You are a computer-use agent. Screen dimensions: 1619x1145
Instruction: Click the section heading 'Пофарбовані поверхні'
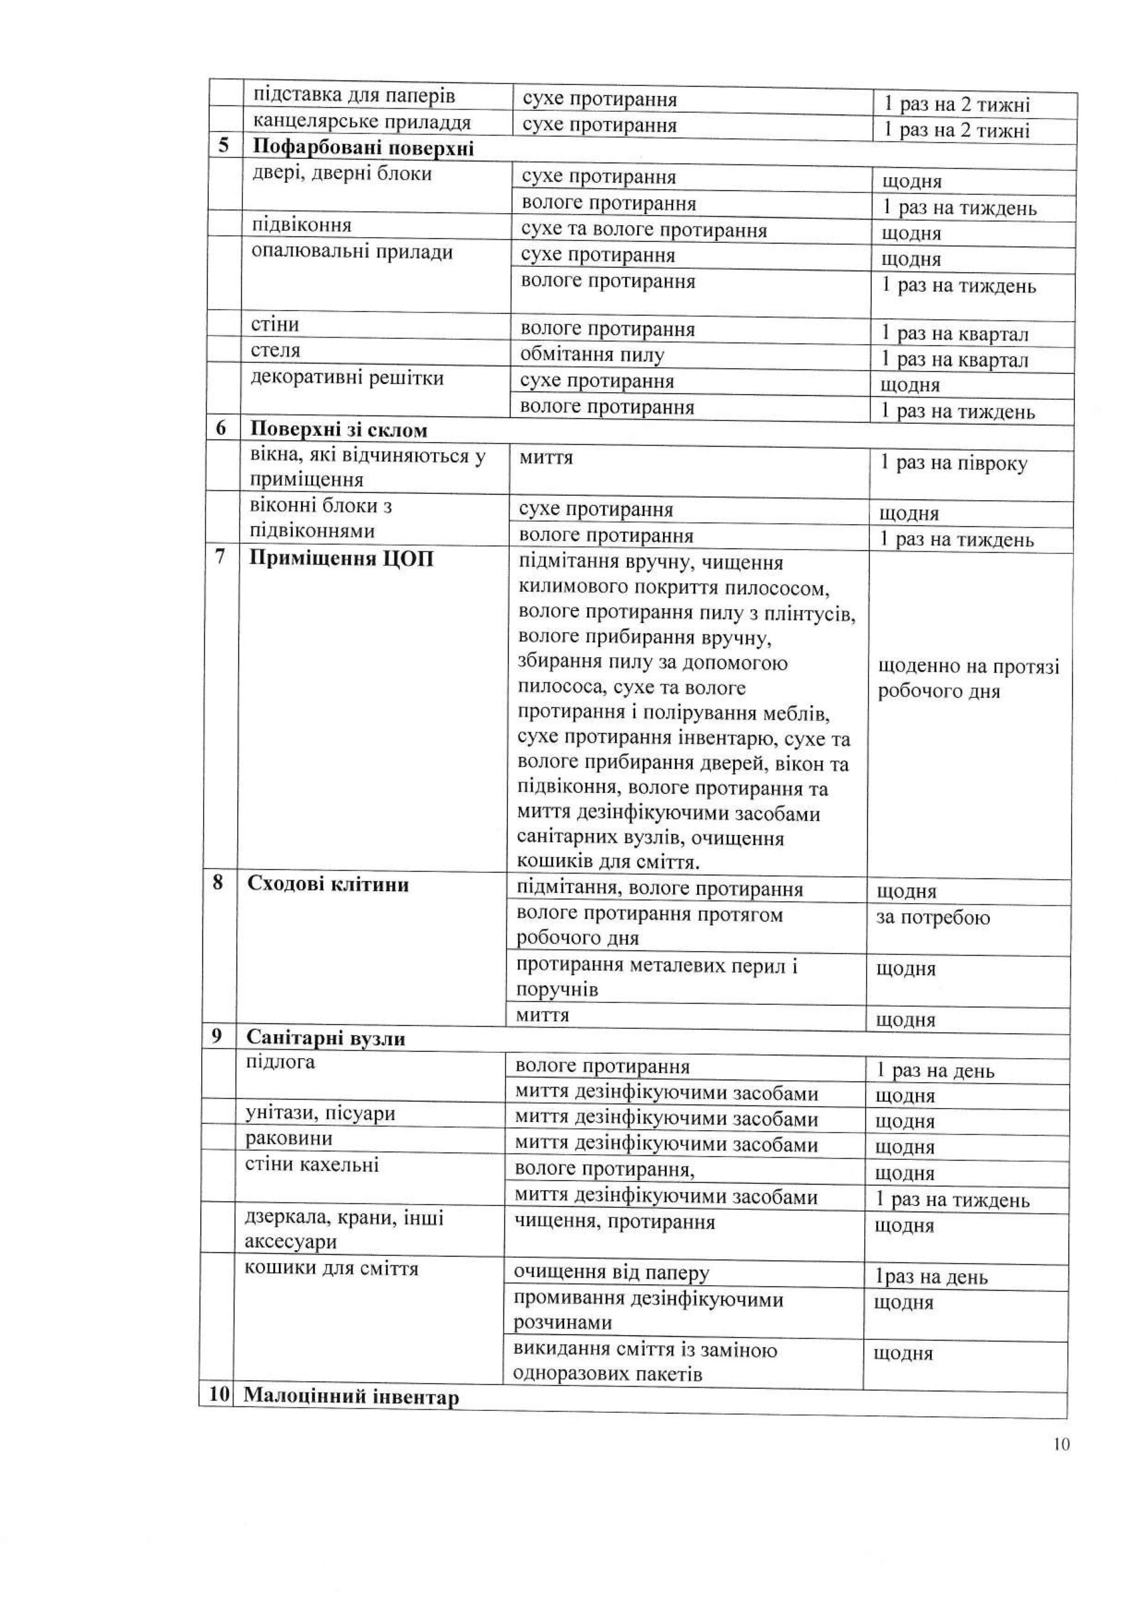click(x=362, y=148)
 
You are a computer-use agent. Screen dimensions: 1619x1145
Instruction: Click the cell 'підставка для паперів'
click(x=354, y=95)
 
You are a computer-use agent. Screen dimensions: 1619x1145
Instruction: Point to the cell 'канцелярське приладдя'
click(x=362, y=122)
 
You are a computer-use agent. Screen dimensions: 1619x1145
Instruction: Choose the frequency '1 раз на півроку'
click(x=954, y=464)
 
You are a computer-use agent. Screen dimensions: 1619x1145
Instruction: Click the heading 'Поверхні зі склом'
click(x=338, y=429)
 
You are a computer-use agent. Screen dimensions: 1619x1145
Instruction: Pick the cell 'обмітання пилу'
click(x=592, y=355)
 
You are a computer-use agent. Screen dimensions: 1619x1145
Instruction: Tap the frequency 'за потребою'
click(x=932, y=918)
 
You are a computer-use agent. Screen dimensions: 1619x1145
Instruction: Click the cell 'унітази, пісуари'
click(x=320, y=1114)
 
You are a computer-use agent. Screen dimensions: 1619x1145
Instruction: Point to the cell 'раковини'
click(x=288, y=1138)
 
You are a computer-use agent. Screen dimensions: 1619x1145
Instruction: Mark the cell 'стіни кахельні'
click(x=312, y=1164)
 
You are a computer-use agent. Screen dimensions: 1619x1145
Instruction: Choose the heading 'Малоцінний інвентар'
click(x=350, y=1397)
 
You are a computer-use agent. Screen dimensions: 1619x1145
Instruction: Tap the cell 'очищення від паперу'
click(x=611, y=1273)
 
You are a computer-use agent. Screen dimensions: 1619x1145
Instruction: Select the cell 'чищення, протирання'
click(x=614, y=1222)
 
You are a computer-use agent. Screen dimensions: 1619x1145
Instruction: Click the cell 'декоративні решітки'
click(x=347, y=378)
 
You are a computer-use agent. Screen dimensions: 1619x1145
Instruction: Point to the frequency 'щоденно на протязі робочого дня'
click(x=968, y=679)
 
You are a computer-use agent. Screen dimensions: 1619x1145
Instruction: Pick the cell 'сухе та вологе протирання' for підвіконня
click(x=643, y=230)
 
